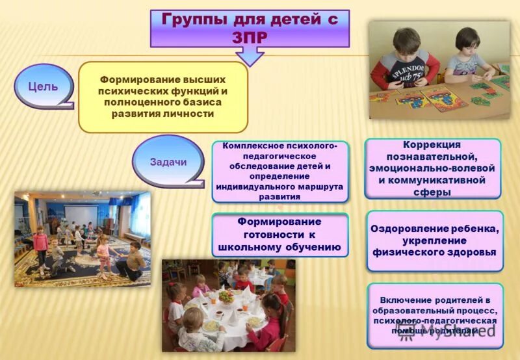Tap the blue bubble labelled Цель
coord(43,86)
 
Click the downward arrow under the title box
coord(249,57)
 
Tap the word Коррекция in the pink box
coord(432,145)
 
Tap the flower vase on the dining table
coord(227,297)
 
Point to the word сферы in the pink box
coord(434,192)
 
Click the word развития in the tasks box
coord(279,196)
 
